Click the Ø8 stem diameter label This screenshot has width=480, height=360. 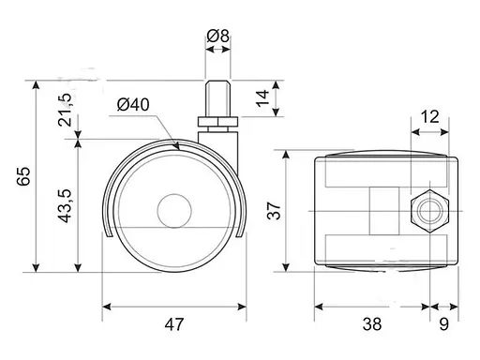217,37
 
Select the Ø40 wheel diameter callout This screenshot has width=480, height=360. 133,105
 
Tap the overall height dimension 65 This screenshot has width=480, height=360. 23,176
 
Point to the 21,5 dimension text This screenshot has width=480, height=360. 65,110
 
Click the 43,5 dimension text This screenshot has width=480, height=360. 66,206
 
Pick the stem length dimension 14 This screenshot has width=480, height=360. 262,98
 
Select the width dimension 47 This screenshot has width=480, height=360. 174,324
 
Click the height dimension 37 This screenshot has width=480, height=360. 275,211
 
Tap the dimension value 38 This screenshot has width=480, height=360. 372,324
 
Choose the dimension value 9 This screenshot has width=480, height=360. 444,324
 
